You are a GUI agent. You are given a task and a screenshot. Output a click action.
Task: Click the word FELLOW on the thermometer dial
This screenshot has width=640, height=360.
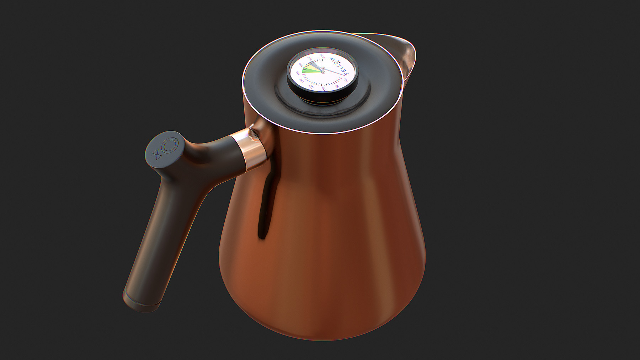pos(339,66)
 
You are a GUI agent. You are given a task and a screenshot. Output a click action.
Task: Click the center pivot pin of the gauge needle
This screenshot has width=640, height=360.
pos(323,72)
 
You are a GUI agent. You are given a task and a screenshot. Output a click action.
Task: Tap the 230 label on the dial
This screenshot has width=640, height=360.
pos(322,56)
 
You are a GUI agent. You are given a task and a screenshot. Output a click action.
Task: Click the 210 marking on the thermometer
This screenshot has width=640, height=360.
pos(310,58)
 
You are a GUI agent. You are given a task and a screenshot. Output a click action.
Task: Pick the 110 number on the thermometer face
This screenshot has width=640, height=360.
pos(324,89)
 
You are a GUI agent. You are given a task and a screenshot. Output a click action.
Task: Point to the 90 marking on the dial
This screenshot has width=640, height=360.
pos(337,86)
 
